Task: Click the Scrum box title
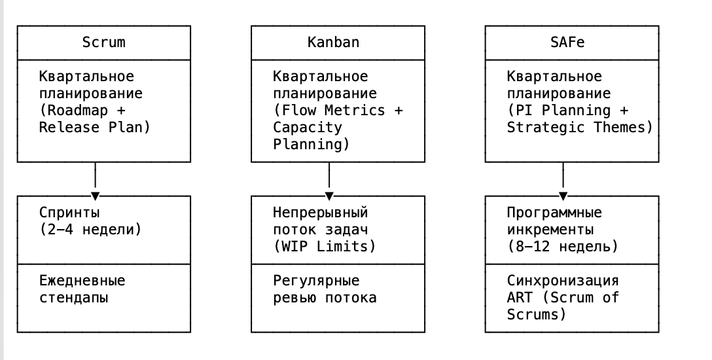click(104, 43)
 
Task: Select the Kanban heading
click(333, 43)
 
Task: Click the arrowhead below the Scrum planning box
click(96, 196)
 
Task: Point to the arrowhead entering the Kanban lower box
click(329, 196)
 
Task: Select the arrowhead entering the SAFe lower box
click(563, 196)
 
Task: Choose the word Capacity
click(308, 128)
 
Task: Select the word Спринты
click(69, 213)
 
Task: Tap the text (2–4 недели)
click(90, 230)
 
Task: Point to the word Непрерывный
click(321, 213)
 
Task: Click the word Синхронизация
click(563, 281)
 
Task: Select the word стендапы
click(73, 298)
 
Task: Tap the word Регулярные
click(316, 281)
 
